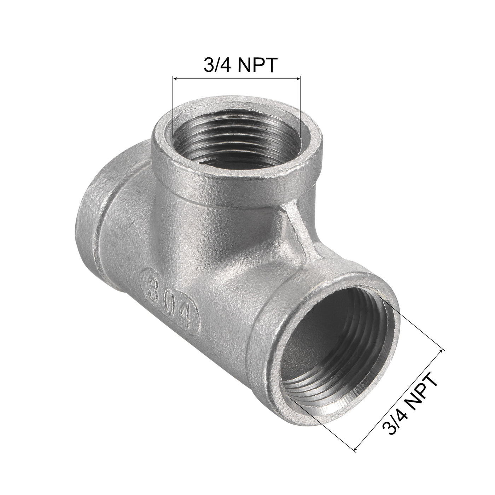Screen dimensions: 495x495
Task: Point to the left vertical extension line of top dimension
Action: [173, 106]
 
